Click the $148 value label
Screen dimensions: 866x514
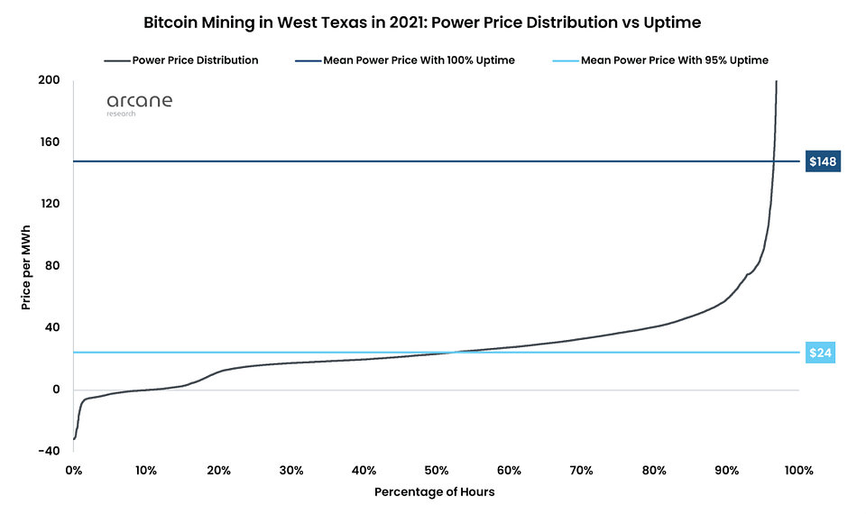823,161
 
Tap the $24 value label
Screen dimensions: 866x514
820,353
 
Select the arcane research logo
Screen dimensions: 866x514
139,105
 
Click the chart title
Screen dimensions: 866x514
422,23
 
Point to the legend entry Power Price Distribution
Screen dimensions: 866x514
181,60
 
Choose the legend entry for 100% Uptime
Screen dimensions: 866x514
405,60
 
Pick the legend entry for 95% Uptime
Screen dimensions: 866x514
660,60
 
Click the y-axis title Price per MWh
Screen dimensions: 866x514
26,267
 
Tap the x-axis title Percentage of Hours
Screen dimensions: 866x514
435,492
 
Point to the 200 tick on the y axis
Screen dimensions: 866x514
49,80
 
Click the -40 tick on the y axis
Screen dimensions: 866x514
49,451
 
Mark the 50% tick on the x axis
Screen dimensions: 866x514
437,471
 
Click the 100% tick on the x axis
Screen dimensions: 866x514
799,471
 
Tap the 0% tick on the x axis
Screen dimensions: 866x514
73,471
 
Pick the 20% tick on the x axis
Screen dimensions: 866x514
218,471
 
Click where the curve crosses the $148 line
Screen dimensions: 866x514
774,161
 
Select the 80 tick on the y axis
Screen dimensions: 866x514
52,265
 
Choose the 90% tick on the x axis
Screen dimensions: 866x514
727,471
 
